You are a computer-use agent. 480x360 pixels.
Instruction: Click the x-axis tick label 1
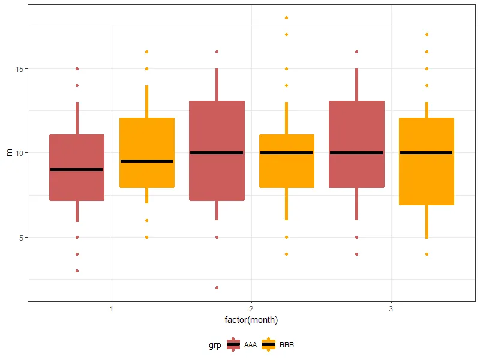click(x=112, y=309)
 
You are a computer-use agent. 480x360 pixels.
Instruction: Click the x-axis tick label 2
click(x=251, y=309)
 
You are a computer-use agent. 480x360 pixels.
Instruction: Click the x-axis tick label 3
click(x=391, y=309)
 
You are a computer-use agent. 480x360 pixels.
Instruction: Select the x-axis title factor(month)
click(x=251, y=320)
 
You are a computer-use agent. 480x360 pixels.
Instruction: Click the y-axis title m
click(x=8, y=153)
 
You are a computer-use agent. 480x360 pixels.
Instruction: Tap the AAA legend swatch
click(x=233, y=345)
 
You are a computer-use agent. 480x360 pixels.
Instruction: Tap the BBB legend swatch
click(x=268, y=345)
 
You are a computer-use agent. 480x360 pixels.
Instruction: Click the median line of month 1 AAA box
click(x=77, y=170)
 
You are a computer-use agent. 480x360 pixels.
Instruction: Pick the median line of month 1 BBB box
click(x=146, y=161)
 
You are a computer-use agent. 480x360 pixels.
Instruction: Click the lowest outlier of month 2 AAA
click(x=217, y=287)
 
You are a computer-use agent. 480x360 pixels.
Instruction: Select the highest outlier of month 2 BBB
click(x=286, y=18)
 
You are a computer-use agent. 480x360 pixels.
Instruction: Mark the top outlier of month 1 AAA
click(x=77, y=69)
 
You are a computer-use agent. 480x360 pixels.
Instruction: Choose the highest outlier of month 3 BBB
click(x=427, y=35)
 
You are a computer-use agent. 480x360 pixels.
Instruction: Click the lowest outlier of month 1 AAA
click(x=77, y=271)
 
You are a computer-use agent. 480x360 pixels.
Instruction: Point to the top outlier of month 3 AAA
click(x=356, y=52)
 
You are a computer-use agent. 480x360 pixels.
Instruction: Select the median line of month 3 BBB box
click(x=427, y=153)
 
